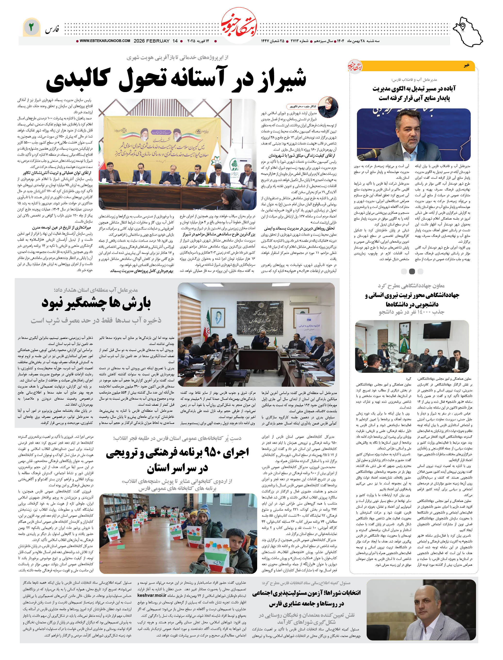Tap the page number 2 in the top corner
click(x=31, y=27)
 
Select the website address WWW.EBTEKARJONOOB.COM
click(x=105, y=41)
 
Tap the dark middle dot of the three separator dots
click(x=412, y=271)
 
